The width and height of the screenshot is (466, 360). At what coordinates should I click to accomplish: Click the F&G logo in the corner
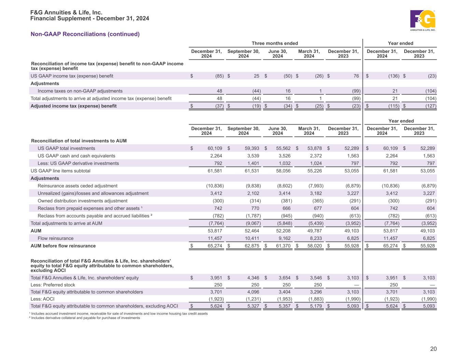pyautogui.click(x=423, y=20)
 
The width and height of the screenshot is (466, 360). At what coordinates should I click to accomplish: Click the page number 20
pyautogui.click(x=433, y=349)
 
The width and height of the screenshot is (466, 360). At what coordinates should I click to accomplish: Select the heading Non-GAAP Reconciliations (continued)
pyautogui.click(x=85, y=34)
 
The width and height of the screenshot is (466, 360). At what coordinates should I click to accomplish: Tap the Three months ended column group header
pyautogui.click(x=275, y=43)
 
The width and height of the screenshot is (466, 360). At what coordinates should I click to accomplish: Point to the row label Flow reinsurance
pyautogui.click(x=55, y=239)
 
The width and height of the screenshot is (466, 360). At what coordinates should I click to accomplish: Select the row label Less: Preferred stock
pyautogui.click(x=53, y=285)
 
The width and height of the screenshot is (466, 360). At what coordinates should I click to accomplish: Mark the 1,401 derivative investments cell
pyautogui.click(x=253, y=163)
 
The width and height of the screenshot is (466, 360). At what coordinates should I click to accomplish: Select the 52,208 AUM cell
pyautogui.click(x=283, y=231)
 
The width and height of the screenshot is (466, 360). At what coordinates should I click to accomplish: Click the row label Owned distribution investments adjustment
pyautogui.click(x=82, y=201)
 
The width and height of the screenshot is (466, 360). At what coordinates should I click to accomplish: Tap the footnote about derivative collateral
pyautogui.click(x=85, y=318)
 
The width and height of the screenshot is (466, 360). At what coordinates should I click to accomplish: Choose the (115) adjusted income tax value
pyautogui.click(x=392, y=106)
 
